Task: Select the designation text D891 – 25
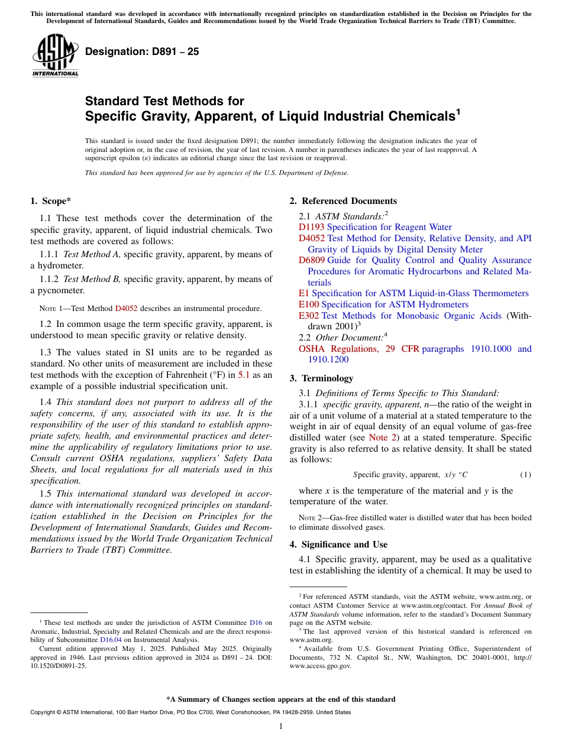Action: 142,51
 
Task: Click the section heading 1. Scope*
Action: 51,201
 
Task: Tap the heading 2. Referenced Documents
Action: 343,201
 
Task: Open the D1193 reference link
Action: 311,227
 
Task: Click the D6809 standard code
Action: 312,260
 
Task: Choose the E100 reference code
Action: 309,304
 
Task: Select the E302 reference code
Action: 309,316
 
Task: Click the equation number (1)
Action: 525,475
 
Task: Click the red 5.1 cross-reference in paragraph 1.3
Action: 244,375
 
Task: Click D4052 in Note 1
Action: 126,309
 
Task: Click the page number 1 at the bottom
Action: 280,727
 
